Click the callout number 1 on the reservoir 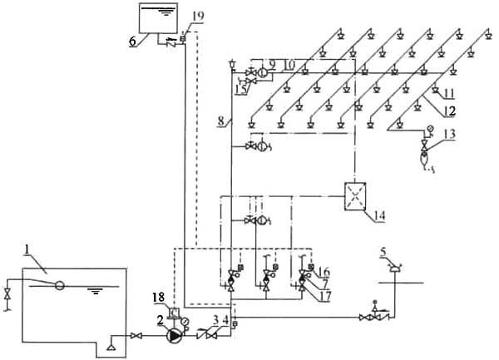click(27, 249)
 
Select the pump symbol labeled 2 click(175, 336)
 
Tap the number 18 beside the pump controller click(158, 298)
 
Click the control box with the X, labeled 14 click(355, 196)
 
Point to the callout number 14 click(379, 215)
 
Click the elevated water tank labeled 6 click(158, 18)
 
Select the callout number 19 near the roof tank click(198, 16)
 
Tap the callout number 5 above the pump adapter click(383, 252)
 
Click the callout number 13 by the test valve click(450, 134)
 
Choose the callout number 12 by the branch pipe click(450, 111)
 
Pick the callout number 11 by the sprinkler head click(448, 93)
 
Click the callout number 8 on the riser click(221, 121)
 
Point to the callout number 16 click(324, 272)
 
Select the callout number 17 click(325, 296)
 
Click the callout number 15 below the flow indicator click(241, 90)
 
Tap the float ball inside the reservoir click(59, 285)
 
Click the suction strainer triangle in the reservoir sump click(111, 348)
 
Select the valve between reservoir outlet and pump click(136, 336)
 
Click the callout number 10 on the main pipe click(289, 65)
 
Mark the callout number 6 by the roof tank click(132, 41)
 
